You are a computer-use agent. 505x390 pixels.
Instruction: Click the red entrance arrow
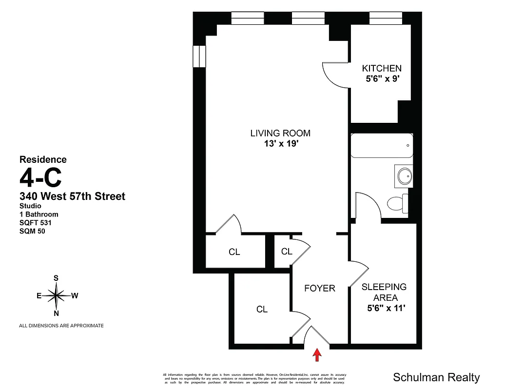click(317, 354)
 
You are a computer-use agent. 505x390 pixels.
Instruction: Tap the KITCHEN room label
click(381, 68)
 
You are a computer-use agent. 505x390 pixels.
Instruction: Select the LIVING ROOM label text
click(280, 133)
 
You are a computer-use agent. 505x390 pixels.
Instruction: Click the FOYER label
click(320, 288)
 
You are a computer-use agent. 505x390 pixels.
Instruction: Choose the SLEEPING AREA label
click(384, 292)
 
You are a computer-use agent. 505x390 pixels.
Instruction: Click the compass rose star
click(57, 295)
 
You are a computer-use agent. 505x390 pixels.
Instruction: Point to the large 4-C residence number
click(40, 177)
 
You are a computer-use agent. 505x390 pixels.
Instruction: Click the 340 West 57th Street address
click(72, 196)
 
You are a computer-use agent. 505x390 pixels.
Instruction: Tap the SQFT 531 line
click(35, 223)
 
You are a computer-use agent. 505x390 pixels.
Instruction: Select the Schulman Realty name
click(436, 377)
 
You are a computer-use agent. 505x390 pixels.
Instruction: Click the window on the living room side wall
click(199, 56)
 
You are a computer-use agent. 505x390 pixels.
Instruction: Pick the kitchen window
click(385, 19)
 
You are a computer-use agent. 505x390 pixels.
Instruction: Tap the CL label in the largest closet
click(262, 310)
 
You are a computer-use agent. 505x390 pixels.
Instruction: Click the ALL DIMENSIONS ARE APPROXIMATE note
click(61, 326)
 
